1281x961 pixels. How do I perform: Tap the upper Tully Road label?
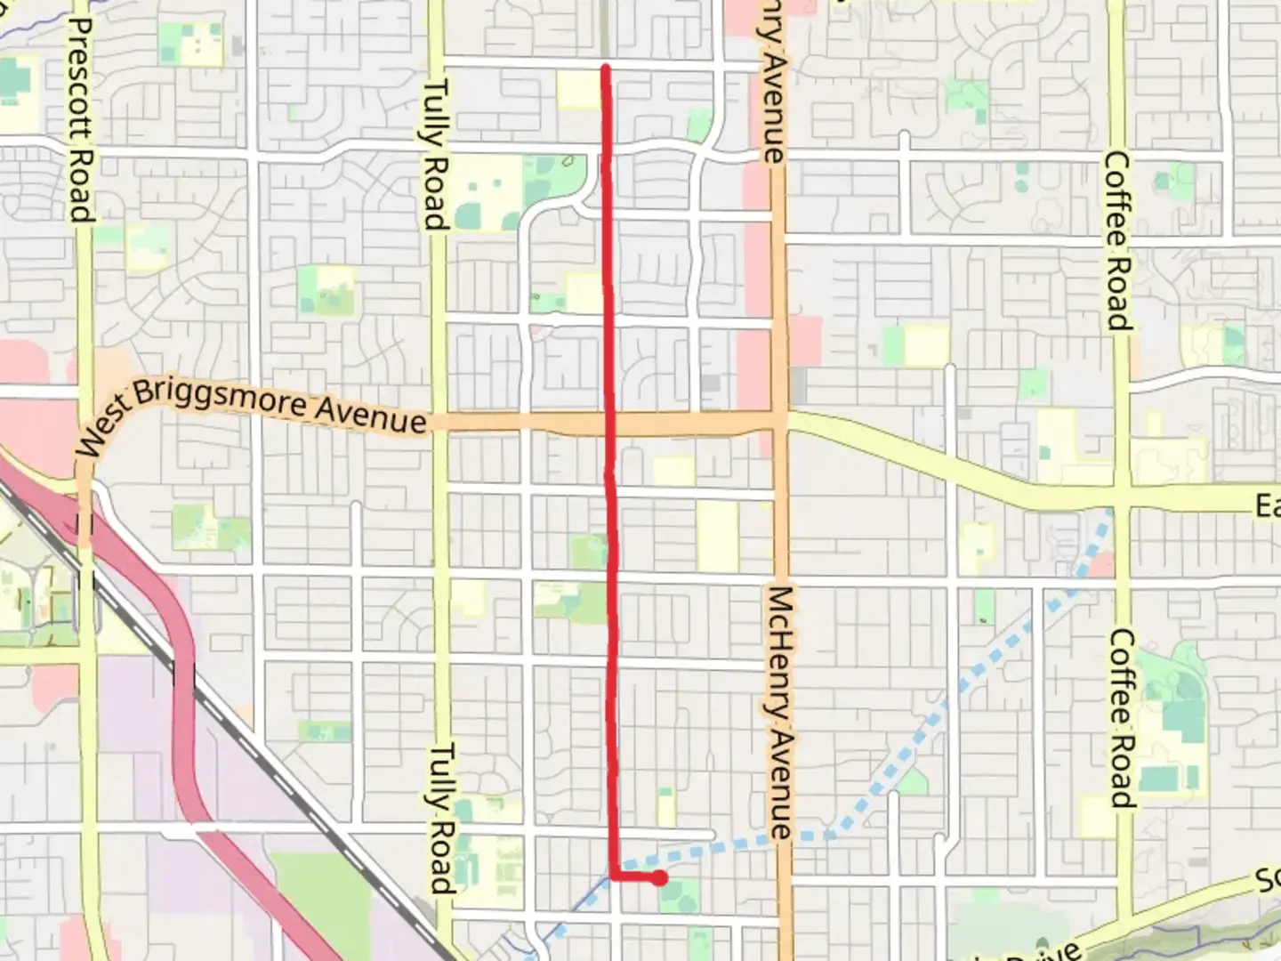[434, 155]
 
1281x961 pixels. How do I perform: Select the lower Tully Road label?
[441, 819]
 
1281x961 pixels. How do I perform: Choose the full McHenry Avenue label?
[779, 712]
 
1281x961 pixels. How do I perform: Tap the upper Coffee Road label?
[1117, 241]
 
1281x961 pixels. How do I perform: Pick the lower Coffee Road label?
[1122, 719]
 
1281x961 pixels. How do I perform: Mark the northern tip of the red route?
[606, 68]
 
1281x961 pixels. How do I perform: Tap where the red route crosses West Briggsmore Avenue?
[610, 424]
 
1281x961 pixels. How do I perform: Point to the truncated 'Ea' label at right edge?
[1267, 506]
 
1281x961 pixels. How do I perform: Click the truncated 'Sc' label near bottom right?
[1268, 880]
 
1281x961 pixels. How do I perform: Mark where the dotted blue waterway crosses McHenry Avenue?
[779, 836]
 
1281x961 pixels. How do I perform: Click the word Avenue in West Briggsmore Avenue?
[371, 414]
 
